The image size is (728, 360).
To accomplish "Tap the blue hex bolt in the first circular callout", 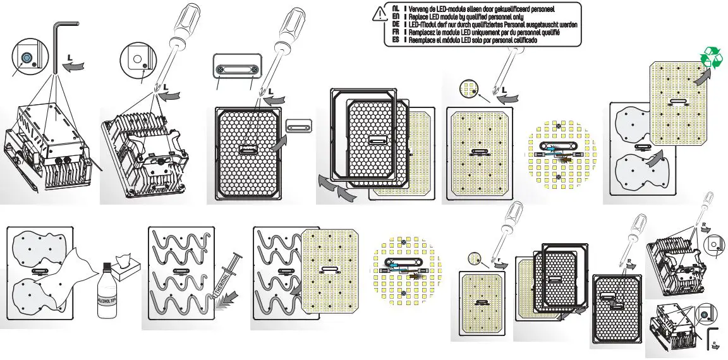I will pyautogui.click(x=27, y=58).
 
